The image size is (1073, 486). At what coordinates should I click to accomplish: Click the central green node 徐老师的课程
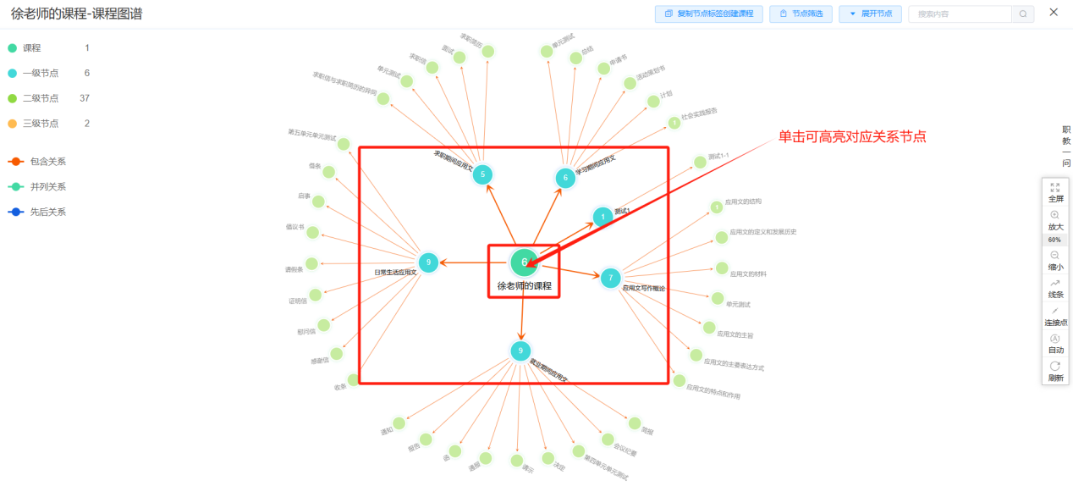(x=524, y=262)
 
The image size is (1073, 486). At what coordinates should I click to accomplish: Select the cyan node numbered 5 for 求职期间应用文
(x=482, y=174)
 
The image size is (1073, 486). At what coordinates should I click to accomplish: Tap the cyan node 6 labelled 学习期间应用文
(x=565, y=178)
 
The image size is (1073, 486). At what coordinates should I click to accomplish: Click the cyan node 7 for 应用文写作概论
(x=610, y=278)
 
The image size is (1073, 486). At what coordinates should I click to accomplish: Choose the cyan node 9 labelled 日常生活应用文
(x=428, y=262)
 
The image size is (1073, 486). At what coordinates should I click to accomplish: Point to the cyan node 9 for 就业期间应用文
(x=520, y=351)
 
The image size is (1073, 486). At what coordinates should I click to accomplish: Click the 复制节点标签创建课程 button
(x=709, y=14)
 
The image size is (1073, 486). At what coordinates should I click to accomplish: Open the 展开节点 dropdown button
(x=870, y=14)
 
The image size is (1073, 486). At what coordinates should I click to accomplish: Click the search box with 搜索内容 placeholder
(x=960, y=14)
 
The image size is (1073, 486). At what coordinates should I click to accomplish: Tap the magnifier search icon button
(x=1023, y=14)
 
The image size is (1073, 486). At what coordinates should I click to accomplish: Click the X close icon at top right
(x=1054, y=12)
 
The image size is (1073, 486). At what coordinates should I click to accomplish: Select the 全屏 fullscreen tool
(x=1055, y=192)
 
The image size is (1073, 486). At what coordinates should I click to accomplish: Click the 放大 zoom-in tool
(x=1055, y=220)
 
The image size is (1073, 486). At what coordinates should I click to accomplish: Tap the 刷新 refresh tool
(x=1055, y=371)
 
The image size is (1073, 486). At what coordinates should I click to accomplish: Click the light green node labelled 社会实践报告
(x=674, y=123)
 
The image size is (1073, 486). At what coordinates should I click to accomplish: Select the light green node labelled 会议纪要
(x=608, y=439)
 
